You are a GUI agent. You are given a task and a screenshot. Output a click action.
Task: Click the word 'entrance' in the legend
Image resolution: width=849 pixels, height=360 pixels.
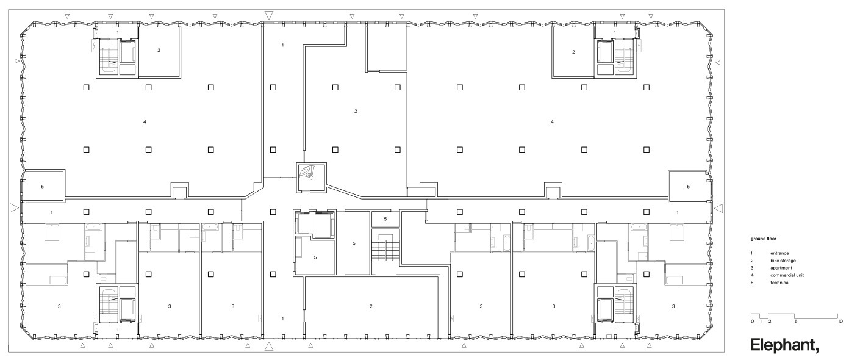(x=780, y=253)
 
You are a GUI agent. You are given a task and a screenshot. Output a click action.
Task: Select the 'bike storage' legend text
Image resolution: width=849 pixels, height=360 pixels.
(x=783, y=261)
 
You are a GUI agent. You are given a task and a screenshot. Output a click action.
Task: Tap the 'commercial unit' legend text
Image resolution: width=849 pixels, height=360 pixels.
(x=786, y=275)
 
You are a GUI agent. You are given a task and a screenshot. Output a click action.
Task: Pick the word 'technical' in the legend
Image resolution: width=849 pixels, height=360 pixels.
(x=780, y=283)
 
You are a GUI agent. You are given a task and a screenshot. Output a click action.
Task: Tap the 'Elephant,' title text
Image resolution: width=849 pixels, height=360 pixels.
(x=784, y=345)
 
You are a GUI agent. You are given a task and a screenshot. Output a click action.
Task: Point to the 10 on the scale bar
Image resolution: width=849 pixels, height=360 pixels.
(x=840, y=321)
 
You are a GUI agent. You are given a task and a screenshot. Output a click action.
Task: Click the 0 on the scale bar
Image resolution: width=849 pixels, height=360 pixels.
(x=753, y=321)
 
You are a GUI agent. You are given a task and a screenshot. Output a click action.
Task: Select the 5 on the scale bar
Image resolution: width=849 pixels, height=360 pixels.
(x=796, y=321)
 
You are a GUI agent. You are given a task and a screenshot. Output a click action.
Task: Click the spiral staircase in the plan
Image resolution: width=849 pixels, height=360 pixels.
(x=312, y=176)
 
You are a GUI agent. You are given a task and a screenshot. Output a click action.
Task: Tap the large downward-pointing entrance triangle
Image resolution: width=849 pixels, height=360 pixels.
(x=269, y=15)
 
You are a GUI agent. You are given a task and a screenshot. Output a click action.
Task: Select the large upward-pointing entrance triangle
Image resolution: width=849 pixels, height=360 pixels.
(x=269, y=347)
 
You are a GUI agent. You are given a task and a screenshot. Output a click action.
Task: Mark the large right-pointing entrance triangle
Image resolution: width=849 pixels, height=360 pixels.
(x=15, y=209)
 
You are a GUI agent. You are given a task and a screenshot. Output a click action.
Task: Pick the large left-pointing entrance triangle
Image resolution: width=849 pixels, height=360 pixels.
(x=719, y=209)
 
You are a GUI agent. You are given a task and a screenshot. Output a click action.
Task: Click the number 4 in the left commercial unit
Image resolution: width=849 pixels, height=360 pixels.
(x=145, y=122)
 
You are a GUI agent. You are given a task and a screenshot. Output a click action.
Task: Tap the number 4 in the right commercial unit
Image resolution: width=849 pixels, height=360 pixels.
(x=552, y=122)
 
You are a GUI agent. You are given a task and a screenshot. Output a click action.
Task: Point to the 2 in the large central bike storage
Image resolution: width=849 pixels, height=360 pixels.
(x=356, y=111)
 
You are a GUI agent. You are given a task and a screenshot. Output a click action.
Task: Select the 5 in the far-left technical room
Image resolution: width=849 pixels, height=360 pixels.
(x=42, y=186)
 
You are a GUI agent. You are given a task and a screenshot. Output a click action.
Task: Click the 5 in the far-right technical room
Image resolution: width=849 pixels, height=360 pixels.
(x=689, y=186)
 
